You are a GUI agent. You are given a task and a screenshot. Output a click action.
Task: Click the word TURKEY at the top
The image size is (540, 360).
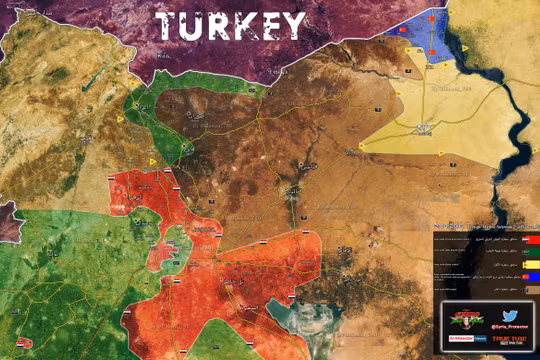pos(229,24)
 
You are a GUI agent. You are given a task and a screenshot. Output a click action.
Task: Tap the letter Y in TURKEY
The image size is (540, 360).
pos(291,24)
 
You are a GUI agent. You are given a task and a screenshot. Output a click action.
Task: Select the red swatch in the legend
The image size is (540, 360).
pos(531,241)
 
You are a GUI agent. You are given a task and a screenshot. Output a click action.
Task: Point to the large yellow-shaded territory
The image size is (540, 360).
pos(430,125)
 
